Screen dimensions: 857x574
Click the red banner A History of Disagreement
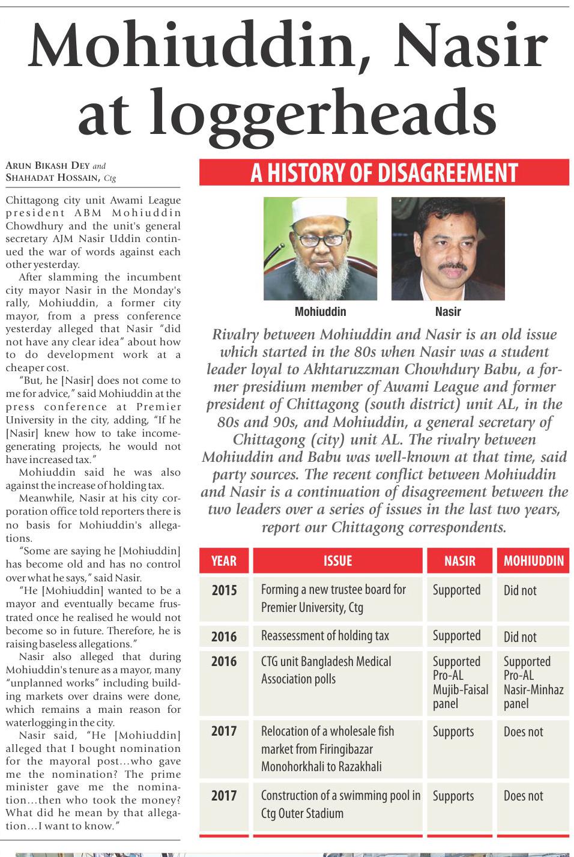click(384, 173)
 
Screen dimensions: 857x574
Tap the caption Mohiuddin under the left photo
click(320, 312)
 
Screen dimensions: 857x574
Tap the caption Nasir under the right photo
click(448, 312)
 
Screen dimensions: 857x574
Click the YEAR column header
click(223, 561)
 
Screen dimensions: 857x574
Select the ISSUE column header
click(337, 561)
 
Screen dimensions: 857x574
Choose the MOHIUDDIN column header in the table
click(533, 561)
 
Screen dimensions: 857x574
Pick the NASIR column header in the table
click(459, 561)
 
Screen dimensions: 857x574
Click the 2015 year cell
click(224, 590)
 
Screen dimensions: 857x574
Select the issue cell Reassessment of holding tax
click(325, 635)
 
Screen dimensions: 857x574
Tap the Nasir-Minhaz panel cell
click(533, 682)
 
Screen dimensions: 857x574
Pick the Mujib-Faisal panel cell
click(460, 682)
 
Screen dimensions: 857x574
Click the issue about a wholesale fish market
click(328, 748)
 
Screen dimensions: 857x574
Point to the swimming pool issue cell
click(340, 804)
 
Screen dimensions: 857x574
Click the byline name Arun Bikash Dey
click(47, 166)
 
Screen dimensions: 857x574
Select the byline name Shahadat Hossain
click(52, 177)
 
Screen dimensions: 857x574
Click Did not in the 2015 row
click(520, 590)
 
